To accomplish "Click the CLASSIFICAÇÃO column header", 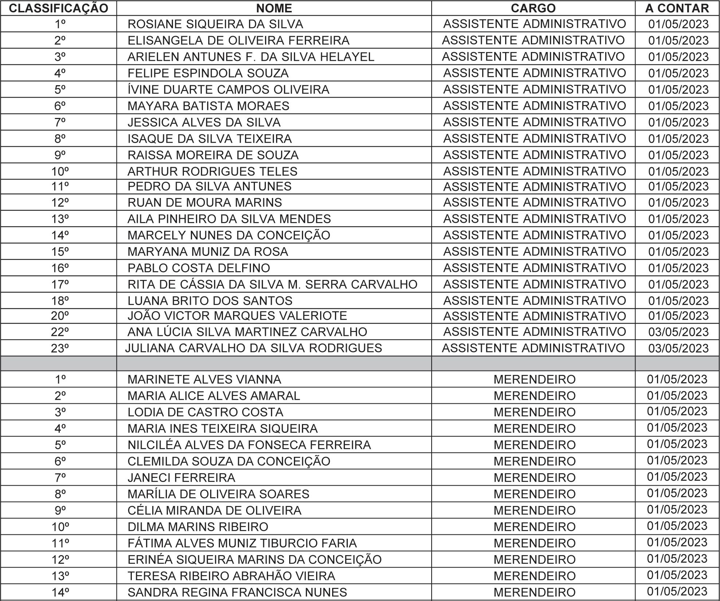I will [x=58, y=8].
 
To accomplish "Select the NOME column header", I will [x=274, y=8].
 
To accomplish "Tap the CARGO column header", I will [x=533, y=8].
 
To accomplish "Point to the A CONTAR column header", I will [x=677, y=8].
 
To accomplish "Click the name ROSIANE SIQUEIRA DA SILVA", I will [x=215, y=24].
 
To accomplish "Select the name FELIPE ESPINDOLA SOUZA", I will [x=208, y=73].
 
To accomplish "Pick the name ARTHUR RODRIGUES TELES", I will [x=212, y=171].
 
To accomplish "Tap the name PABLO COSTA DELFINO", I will [x=199, y=268].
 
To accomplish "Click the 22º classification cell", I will [x=60, y=332].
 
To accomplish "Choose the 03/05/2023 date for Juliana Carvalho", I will [x=678, y=348].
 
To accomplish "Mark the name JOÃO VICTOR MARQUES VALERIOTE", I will [x=237, y=316].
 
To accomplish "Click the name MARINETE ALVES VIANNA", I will [x=204, y=379].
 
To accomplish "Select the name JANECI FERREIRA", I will [x=181, y=477].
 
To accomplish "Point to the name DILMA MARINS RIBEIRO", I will [x=198, y=526].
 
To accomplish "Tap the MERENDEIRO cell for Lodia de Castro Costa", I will [x=534, y=412].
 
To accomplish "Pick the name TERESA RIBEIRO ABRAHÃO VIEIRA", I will [x=231, y=576].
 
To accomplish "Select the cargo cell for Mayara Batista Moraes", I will [x=534, y=106].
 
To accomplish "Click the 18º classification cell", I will [x=60, y=301].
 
